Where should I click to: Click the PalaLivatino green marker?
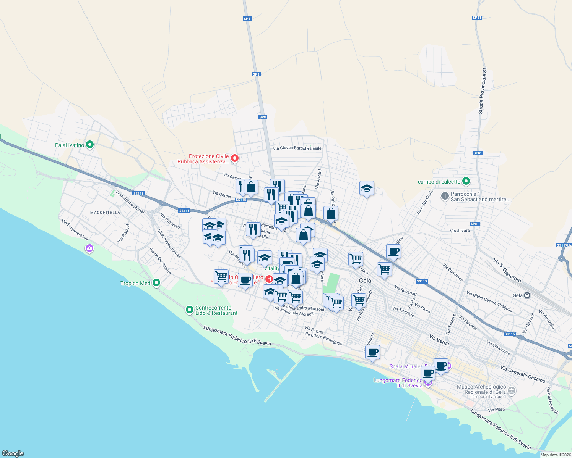90,145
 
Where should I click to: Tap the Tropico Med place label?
135,283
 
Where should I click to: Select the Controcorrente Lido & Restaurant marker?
189,310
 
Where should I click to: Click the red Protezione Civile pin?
235,158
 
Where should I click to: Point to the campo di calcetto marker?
466,181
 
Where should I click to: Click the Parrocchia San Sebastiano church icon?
445,196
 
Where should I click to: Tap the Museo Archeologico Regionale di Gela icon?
512,391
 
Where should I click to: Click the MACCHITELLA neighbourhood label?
105,213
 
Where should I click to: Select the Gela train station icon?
527,295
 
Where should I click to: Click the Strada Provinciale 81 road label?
483,91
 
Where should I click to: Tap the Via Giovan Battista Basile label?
297,148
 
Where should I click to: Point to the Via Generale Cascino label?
523,374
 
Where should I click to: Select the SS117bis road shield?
564,245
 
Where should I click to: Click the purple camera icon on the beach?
89,248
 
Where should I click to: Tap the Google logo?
13,453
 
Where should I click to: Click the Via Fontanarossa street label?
75,229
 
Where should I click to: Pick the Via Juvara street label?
460,231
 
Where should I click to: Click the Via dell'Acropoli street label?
553,400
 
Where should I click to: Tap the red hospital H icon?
269,279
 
